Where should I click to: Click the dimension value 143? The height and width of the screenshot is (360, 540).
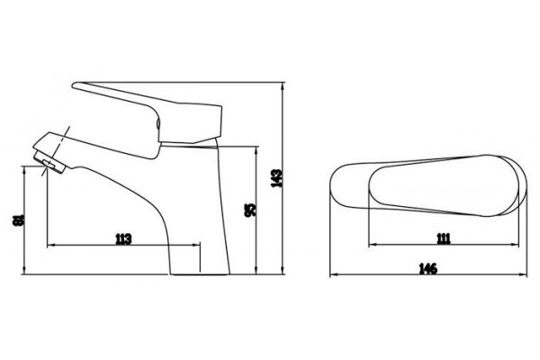(276, 178)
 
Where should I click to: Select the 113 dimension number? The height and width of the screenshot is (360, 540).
(123, 238)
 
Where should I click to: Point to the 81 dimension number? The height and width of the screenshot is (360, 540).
(18, 220)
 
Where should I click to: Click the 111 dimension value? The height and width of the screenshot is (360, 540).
(444, 238)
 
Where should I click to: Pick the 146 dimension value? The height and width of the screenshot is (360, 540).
(428, 268)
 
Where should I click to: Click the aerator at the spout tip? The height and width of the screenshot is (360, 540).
(49, 162)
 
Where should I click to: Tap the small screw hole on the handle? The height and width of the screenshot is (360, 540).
(158, 123)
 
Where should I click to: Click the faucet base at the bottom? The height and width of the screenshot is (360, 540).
(200, 274)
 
